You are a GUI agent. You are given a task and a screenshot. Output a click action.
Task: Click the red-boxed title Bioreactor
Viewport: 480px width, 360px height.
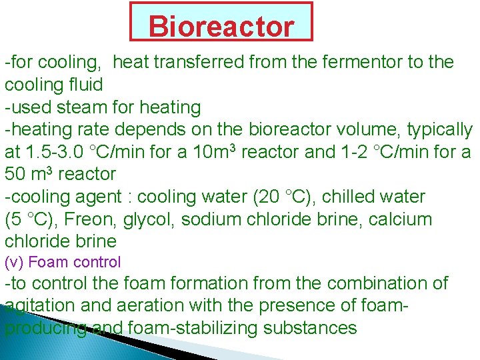(x=221, y=27)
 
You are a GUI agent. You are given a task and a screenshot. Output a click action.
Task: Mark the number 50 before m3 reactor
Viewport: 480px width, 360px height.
(x=15, y=175)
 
